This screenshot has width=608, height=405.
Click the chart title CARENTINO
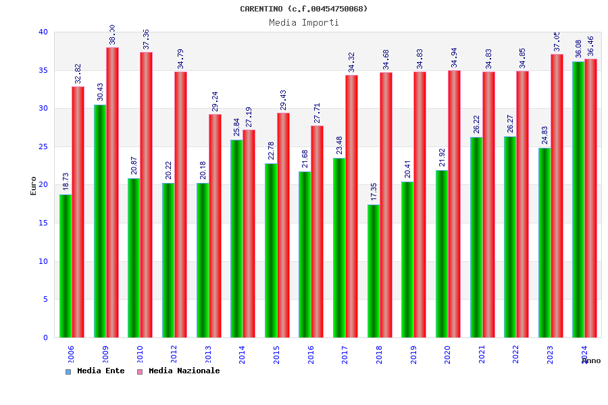303,9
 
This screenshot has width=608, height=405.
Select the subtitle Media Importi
303,22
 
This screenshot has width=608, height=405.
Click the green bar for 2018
374,271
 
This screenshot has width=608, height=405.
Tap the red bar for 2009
112,192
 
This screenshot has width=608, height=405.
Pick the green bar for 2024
578,199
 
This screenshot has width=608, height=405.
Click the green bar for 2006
66,266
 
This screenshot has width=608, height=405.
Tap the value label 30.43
100,92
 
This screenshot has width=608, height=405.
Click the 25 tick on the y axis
43,146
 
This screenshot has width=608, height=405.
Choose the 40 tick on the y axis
43,32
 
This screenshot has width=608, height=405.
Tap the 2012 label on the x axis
174,354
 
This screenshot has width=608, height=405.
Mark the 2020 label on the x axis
447,354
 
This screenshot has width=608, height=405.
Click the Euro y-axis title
34,186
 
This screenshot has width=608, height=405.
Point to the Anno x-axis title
591,360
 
